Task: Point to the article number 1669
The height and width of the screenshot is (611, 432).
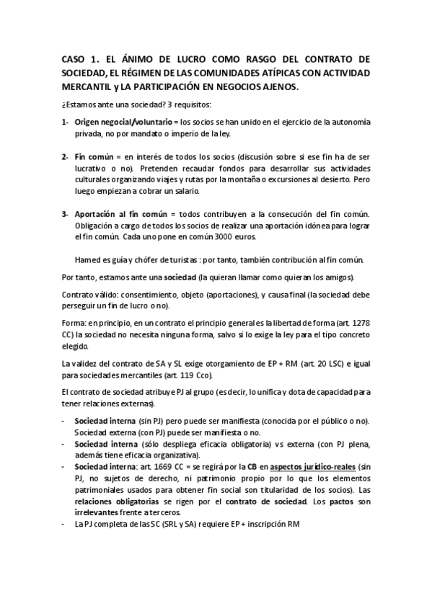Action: [x=152, y=467]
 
